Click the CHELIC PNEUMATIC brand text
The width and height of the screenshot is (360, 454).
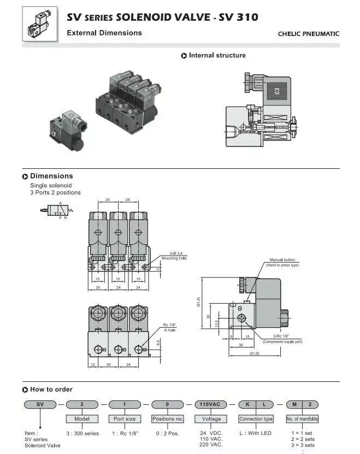click(x=308, y=34)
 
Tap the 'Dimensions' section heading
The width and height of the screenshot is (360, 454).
click(x=51, y=176)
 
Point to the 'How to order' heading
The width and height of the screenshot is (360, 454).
click(x=51, y=390)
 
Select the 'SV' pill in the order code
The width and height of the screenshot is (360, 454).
click(x=39, y=405)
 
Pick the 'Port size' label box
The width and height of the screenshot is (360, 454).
click(x=125, y=419)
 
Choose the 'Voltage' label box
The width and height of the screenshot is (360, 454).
click(x=211, y=419)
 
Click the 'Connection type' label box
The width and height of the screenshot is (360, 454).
click(x=256, y=419)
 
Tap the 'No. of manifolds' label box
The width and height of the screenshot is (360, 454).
click(x=302, y=419)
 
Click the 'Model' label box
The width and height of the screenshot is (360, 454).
click(x=82, y=419)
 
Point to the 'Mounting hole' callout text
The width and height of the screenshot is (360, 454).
click(x=174, y=258)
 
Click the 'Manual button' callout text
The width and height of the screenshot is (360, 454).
click(x=282, y=260)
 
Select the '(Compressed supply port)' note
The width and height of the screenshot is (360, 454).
click(x=282, y=341)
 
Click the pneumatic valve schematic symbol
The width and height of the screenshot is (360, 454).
click(x=60, y=210)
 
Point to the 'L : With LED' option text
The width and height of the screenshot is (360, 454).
click(x=256, y=433)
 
